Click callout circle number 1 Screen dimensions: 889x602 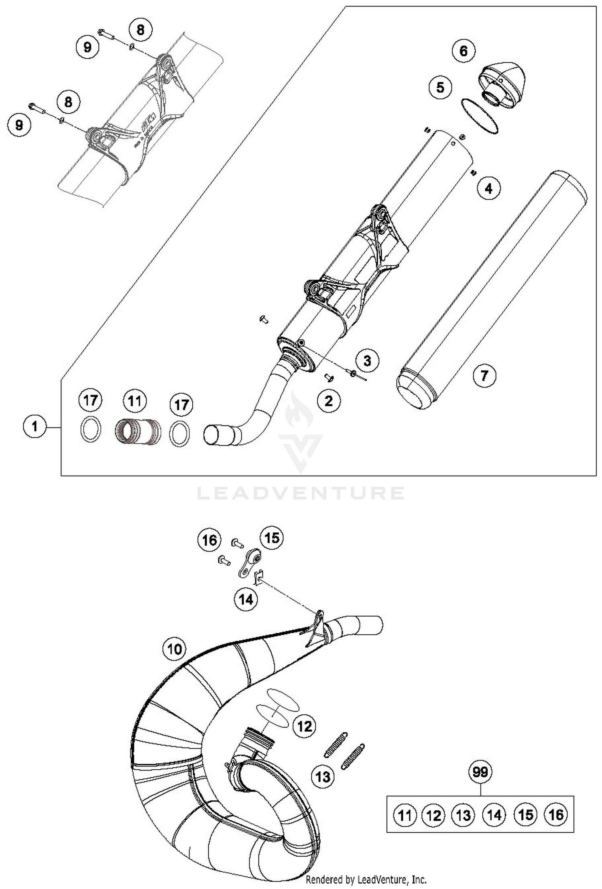35,426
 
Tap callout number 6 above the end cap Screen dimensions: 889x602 463,51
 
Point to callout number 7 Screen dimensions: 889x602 484,376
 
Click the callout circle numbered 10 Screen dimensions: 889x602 174,649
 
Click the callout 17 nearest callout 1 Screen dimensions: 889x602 91,400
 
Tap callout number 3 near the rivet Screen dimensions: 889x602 367,360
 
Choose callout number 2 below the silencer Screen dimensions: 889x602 329,401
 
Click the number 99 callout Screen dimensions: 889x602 480,772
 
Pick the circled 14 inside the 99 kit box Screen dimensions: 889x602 494,815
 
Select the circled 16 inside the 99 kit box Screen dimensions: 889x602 556,815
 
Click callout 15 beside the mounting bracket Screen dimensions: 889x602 272,537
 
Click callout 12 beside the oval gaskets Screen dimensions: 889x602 305,726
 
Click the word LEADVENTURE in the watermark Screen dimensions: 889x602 301,493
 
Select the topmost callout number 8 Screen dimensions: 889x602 140,30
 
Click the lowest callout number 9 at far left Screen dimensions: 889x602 19,125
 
